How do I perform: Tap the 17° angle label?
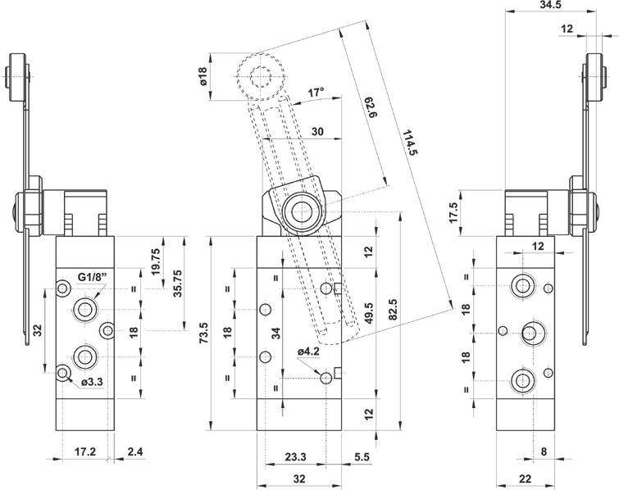point(315,92)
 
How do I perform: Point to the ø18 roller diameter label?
point(202,77)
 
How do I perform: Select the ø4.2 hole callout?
point(307,352)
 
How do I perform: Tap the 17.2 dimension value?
point(85,451)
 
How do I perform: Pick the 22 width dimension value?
point(526,480)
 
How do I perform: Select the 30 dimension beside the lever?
point(318,131)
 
